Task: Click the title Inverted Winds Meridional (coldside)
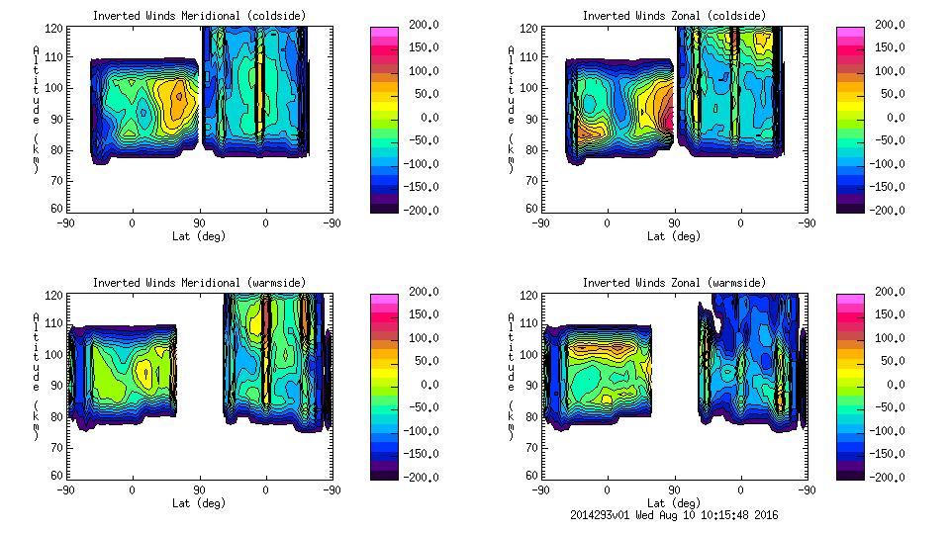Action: click(199, 16)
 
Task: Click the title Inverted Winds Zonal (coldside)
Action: click(674, 16)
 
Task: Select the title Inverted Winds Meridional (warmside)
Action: click(199, 283)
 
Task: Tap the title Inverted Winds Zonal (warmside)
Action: click(674, 283)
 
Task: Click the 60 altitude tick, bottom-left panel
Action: click(58, 476)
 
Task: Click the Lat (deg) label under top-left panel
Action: click(199, 236)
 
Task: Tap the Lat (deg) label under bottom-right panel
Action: click(674, 503)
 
